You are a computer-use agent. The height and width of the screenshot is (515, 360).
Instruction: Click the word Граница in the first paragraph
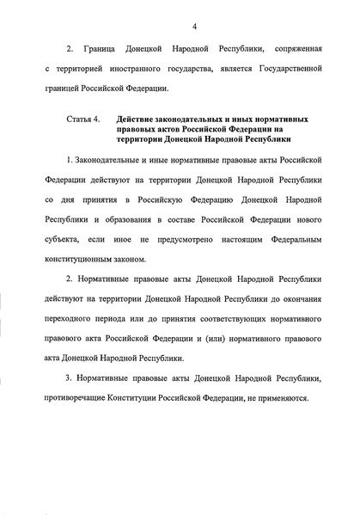[x=106, y=64]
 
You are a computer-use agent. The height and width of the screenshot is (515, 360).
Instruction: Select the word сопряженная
[x=290, y=64]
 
